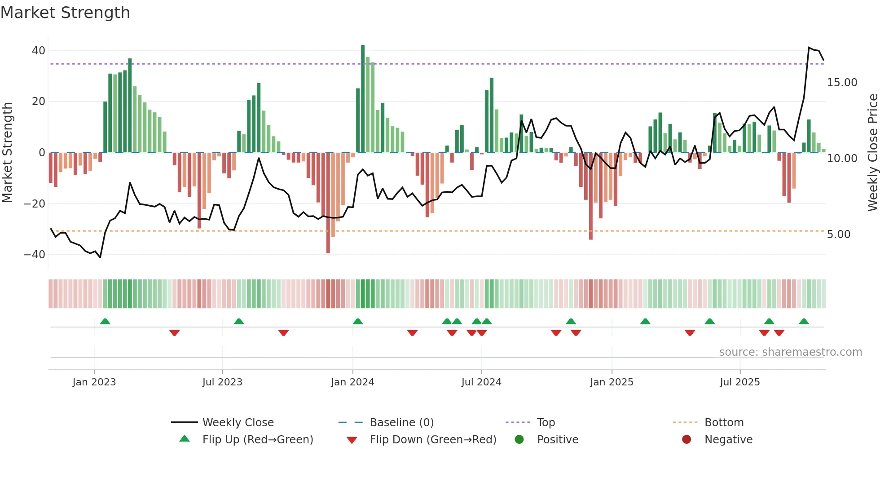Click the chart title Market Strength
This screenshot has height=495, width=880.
[x=65, y=13]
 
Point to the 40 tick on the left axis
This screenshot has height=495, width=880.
[x=38, y=51]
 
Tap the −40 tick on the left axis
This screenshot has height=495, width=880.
[x=35, y=255]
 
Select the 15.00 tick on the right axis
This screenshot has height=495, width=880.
[x=842, y=83]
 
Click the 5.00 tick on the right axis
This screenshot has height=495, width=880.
[x=838, y=234]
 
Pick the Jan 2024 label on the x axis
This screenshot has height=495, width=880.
[x=352, y=382]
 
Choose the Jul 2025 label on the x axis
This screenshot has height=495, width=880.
[x=739, y=382]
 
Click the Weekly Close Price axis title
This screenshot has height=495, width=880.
[x=872, y=153]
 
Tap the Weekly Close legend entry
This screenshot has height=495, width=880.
[x=238, y=423]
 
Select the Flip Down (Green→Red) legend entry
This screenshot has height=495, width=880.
[x=432, y=440]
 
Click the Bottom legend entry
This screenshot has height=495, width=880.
[x=724, y=423]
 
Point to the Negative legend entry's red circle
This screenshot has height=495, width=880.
[x=686, y=440]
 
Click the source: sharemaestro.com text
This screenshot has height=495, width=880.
[x=790, y=352]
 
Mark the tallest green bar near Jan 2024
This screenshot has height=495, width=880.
[x=363, y=99]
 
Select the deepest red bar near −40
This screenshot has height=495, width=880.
[x=328, y=203]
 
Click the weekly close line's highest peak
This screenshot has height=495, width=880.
[x=809, y=48]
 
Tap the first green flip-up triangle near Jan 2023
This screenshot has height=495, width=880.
[x=105, y=322]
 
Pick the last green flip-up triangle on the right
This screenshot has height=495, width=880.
[x=804, y=322]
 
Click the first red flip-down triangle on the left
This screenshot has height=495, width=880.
[x=175, y=333]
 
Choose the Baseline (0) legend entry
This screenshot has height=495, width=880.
[x=401, y=423]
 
